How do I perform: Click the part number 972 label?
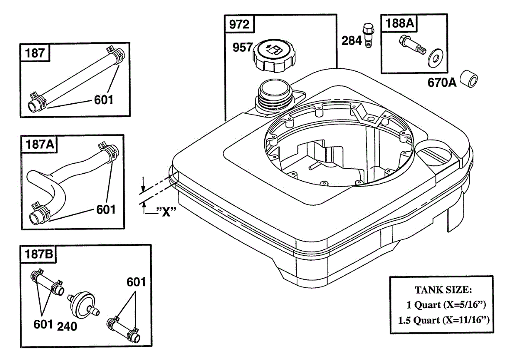(x=239, y=25)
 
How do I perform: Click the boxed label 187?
(x=35, y=53)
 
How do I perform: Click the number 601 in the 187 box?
(x=104, y=100)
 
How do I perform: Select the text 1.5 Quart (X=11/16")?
(x=446, y=320)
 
